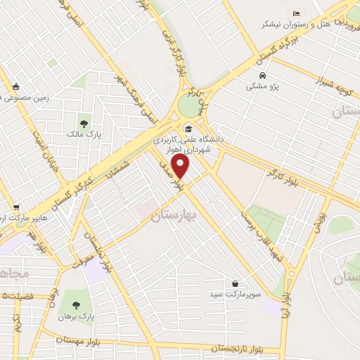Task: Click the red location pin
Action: coord(181,166)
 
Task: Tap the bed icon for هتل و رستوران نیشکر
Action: coord(296,13)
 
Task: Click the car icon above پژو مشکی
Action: coord(262,75)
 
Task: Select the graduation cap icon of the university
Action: coord(188,129)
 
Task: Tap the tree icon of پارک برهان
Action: coord(76,306)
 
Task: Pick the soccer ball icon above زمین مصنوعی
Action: coord(16,87)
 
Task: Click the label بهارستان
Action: coord(172,217)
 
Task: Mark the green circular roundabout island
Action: coord(190,106)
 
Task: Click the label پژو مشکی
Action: coord(261,86)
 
